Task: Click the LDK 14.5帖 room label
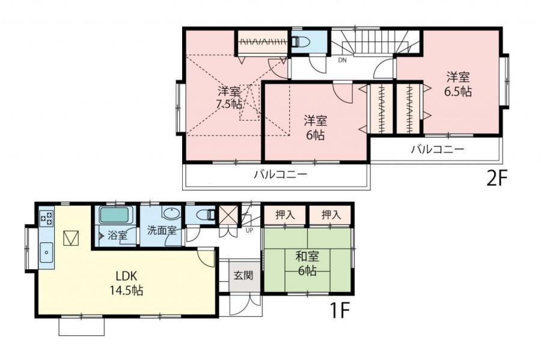[127, 283]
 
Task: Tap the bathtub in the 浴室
[115, 215]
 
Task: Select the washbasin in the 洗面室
[171, 214]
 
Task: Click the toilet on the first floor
[206, 215]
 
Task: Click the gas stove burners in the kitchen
[46, 218]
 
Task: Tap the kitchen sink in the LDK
[46, 252]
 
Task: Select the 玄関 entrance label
[243, 275]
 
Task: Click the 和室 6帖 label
[307, 263]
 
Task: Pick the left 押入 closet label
[285, 215]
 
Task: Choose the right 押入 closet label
[331, 215]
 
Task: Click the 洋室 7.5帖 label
[230, 97]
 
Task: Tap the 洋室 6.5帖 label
[458, 84]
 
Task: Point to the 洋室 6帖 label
[316, 128]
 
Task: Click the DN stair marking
[342, 60]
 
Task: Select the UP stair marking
[249, 230]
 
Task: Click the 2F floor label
[497, 178]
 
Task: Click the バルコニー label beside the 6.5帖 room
[438, 149]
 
